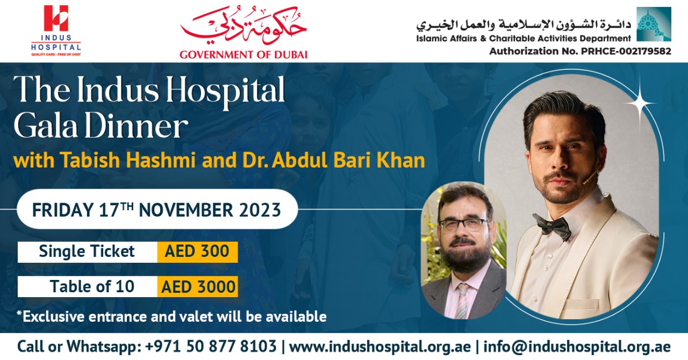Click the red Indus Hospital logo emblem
[x=56, y=18]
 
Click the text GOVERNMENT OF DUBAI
[x=243, y=55]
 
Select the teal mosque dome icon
[x=654, y=24]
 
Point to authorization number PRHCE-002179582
[x=626, y=51]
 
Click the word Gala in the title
[x=46, y=126]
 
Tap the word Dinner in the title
[x=137, y=126]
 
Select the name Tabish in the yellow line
[x=90, y=160]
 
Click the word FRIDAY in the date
[x=63, y=210]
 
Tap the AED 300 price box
[x=197, y=252]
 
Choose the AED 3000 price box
[x=197, y=286]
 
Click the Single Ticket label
[x=87, y=251]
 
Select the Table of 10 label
[x=92, y=286]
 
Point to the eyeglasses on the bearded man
[x=464, y=225]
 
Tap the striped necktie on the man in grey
[x=462, y=300]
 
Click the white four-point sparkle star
[x=640, y=103]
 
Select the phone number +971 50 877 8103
[x=211, y=347]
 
